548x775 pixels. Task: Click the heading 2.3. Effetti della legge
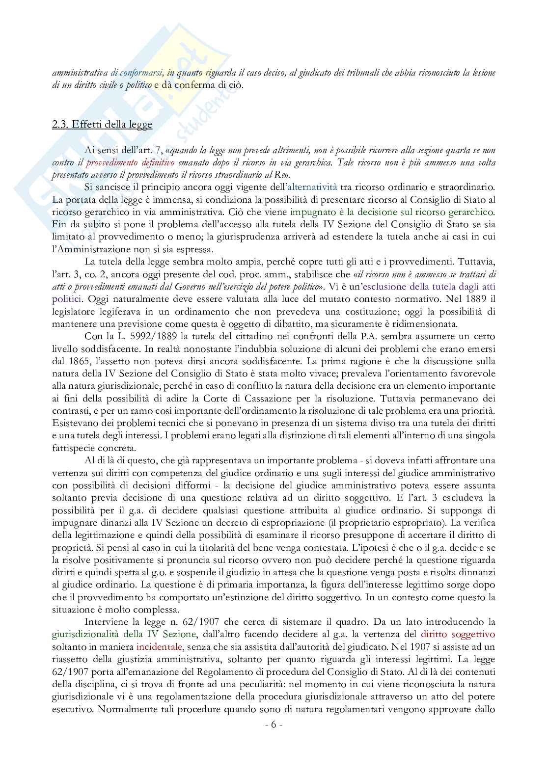[102, 124]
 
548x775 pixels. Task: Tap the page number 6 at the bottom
[274, 724]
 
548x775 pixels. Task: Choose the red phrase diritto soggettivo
[458, 635]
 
